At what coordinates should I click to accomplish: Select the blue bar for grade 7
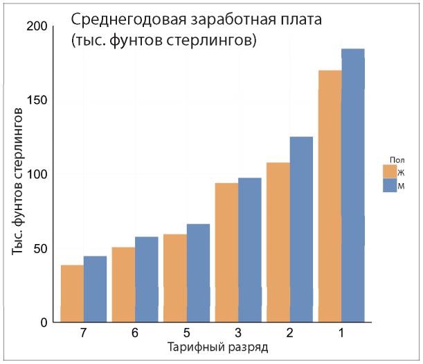click(x=95, y=289)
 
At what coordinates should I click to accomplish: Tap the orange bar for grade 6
click(x=123, y=284)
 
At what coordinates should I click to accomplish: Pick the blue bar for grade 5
click(x=198, y=273)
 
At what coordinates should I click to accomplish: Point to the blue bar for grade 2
click(x=301, y=229)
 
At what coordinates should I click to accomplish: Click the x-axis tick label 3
click(x=238, y=333)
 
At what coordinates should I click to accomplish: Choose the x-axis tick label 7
click(x=83, y=333)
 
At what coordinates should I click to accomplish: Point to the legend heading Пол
click(x=396, y=159)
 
